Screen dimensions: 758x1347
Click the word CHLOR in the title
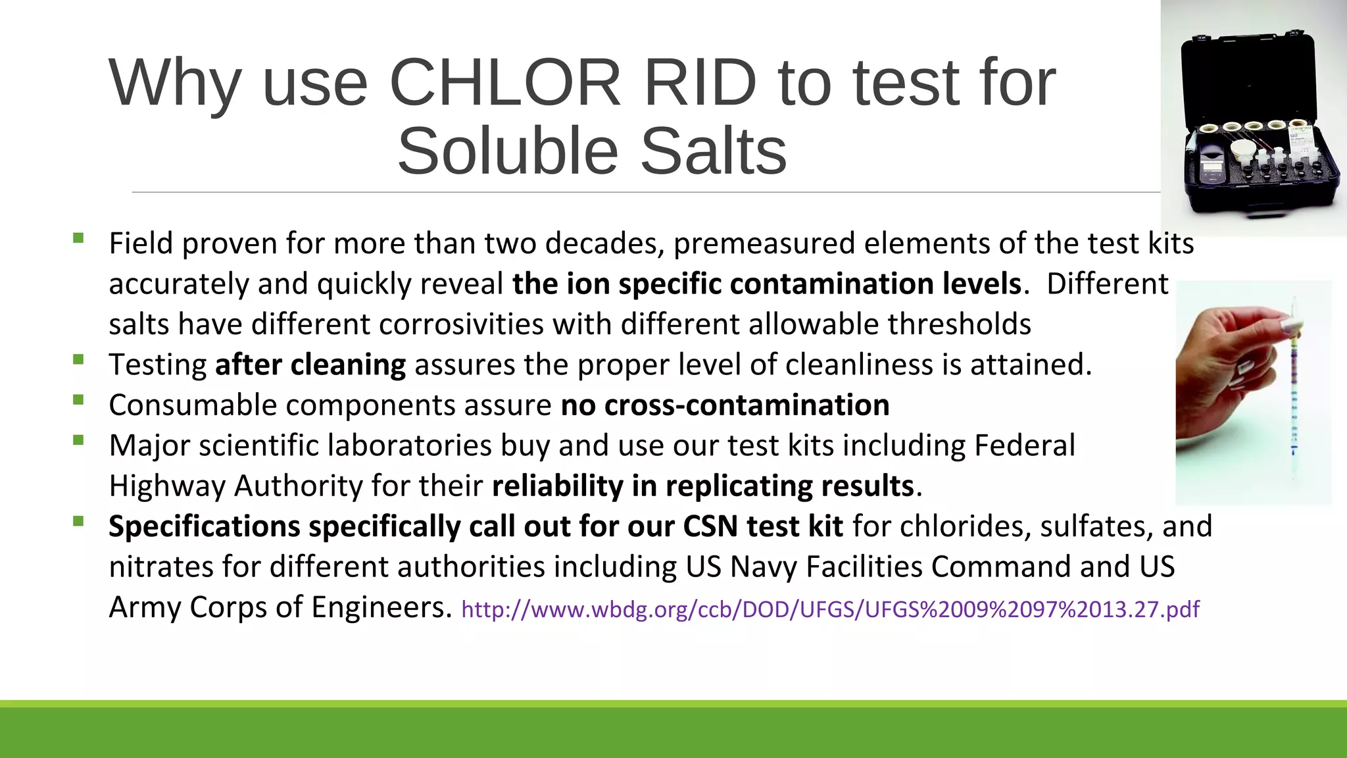click(x=504, y=84)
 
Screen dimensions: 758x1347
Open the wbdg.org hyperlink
click(x=830, y=609)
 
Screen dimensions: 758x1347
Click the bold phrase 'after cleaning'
click(x=310, y=365)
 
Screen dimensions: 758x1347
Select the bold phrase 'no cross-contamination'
click(x=725, y=405)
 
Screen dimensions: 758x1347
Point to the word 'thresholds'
click(x=959, y=324)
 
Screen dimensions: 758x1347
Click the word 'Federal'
click(x=1024, y=445)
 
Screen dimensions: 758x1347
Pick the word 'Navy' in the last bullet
click(x=764, y=567)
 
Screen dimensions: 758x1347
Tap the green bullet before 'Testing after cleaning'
click(x=79, y=359)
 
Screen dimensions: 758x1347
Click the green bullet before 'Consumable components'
click(x=79, y=399)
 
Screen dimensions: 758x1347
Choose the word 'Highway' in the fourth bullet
click(x=167, y=486)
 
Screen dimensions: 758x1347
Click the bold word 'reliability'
click(x=557, y=486)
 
